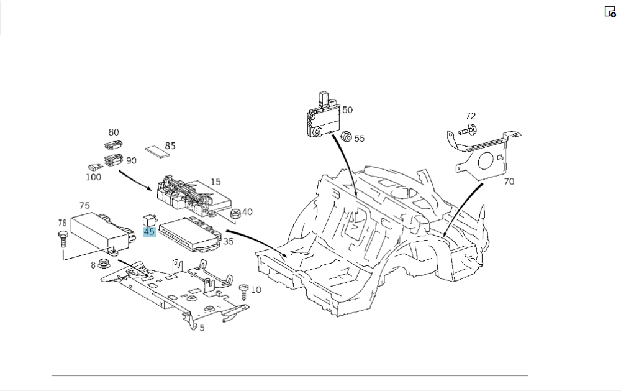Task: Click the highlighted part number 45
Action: pyautogui.click(x=149, y=232)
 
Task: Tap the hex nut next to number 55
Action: pyautogui.click(x=346, y=136)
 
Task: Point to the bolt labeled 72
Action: pyautogui.click(x=468, y=129)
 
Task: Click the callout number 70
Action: pyautogui.click(x=509, y=182)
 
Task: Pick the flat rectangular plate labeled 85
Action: pyautogui.click(x=156, y=152)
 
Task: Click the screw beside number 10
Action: pyautogui.click(x=243, y=292)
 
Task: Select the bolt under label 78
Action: pyautogui.click(x=62, y=239)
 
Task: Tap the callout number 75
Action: pyautogui.click(x=84, y=205)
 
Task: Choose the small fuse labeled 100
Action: pyautogui.click(x=93, y=167)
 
